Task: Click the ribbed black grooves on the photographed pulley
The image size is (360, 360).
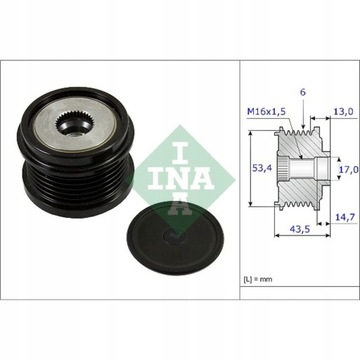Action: (x=60, y=200)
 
